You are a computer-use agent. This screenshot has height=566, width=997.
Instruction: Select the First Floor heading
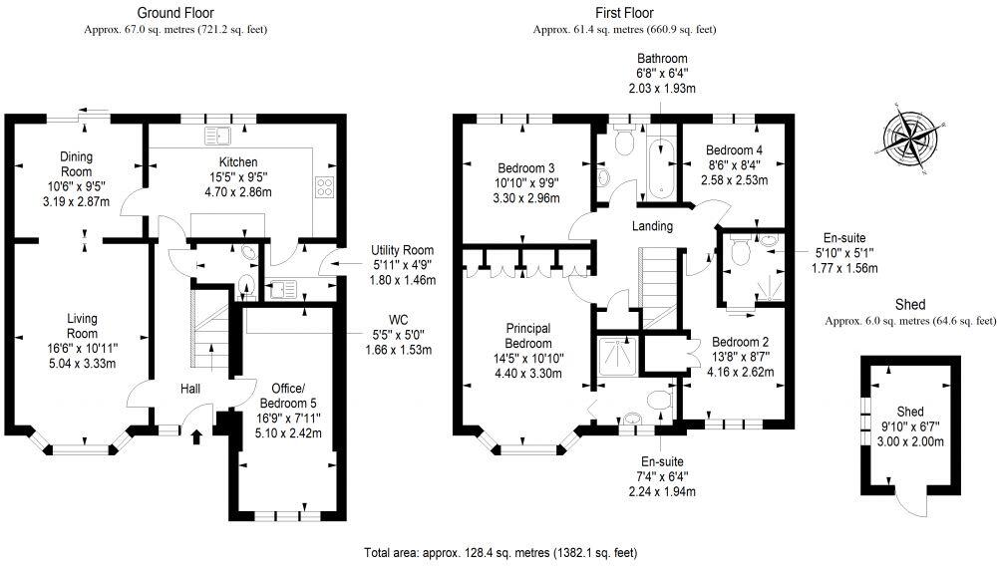pos(624,13)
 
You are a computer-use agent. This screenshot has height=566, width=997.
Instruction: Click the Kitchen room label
pos(238,161)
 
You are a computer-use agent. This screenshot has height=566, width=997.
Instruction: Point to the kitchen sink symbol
pos(216,134)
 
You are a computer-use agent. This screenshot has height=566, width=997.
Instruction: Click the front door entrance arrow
pos(195,434)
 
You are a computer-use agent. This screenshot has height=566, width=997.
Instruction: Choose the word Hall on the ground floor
pos(193,389)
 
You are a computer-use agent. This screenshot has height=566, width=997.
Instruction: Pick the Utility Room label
pos(403,249)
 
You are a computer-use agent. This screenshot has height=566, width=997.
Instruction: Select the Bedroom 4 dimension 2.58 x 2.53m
pos(729,180)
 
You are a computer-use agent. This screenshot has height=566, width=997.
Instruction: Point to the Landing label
pos(653,226)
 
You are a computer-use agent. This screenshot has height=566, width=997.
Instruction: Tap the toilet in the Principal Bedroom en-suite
pos(657,401)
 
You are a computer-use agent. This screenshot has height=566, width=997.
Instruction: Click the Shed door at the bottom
pos(909,503)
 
